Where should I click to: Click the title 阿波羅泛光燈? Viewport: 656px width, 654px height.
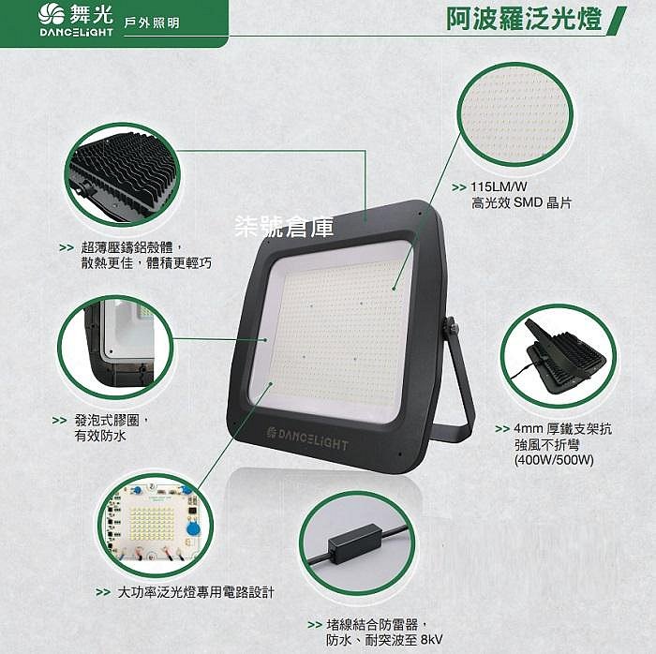[524, 19]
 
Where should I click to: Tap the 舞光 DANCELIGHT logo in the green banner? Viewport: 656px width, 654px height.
[76, 20]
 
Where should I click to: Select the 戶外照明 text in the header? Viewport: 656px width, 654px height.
[152, 23]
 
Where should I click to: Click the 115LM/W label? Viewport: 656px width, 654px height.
[499, 186]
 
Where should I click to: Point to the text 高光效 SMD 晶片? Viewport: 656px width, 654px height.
[521, 203]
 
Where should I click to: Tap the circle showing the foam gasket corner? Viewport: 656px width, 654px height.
[115, 347]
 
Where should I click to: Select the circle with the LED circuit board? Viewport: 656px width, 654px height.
[156, 526]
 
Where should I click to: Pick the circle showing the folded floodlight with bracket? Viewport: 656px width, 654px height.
[559, 356]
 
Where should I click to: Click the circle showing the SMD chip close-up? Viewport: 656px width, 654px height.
[515, 114]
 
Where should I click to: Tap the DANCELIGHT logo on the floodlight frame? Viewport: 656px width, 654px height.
[307, 438]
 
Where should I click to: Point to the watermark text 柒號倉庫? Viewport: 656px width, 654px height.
[284, 227]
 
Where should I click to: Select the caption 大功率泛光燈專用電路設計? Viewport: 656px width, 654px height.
[196, 592]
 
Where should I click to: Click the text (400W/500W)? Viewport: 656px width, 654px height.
[554, 460]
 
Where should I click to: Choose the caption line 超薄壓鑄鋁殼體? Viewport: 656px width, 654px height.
[131, 247]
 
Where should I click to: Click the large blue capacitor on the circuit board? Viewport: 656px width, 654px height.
[193, 529]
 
